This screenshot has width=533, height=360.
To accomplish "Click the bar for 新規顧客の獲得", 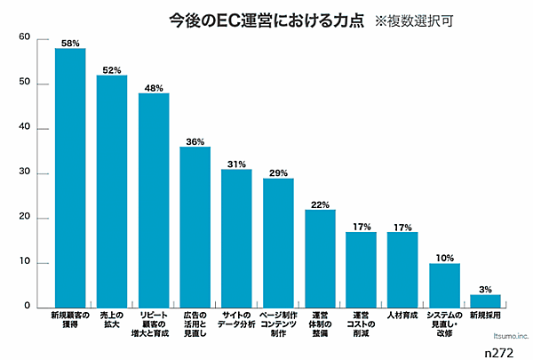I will click(x=70, y=177).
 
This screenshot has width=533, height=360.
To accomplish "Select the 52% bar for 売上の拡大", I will click(x=112, y=190).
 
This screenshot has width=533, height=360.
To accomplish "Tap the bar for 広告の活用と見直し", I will click(x=195, y=227).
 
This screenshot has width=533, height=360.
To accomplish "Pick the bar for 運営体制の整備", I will click(x=320, y=258).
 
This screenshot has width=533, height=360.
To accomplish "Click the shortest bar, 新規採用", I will click(x=486, y=300).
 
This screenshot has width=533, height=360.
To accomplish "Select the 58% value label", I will click(x=70, y=43).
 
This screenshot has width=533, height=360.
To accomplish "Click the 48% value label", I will click(x=154, y=87).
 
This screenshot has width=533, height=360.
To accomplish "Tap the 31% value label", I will click(x=236, y=164).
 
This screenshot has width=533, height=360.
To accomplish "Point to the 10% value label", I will click(x=444, y=258).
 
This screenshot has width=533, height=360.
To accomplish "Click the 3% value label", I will click(x=486, y=289).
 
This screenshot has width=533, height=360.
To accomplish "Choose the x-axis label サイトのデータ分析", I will click(x=236, y=320).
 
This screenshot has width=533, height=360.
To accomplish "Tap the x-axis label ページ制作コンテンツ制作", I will click(x=278, y=320).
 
